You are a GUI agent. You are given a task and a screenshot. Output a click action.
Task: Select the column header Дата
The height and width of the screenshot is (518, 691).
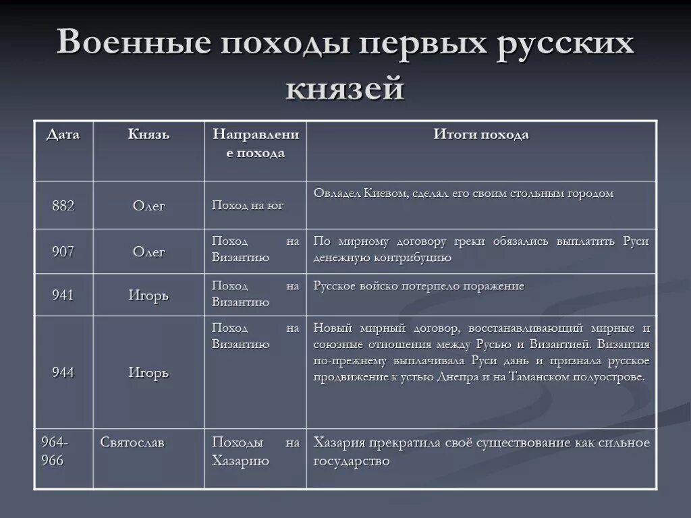[63, 135]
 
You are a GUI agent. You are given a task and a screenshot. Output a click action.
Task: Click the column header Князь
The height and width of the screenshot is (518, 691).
[149, 135]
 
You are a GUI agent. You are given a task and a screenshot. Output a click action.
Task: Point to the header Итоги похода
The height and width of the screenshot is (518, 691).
[481, 135]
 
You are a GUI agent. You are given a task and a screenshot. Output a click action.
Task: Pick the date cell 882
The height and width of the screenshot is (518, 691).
[63, 206]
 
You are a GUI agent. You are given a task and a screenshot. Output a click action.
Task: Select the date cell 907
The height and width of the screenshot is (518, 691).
[63, 252]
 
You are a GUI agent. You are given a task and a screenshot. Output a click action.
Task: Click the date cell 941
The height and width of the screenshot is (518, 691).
[63, 295]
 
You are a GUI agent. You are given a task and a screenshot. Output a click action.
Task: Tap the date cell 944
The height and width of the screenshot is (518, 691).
[63, 372]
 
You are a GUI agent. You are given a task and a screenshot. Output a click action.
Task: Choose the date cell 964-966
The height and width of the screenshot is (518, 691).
[53, 452]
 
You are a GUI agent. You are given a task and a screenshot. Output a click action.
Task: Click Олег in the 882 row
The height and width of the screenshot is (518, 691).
[149, 206]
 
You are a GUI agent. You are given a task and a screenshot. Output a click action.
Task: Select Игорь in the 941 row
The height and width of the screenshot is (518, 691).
[149, 295]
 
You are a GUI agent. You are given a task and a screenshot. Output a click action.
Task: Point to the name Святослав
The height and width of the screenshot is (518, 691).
[132, 443]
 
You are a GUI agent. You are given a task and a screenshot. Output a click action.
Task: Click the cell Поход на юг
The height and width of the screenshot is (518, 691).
[248, 206]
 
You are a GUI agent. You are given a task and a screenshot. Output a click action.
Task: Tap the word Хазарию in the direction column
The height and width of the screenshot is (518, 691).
[241, 461]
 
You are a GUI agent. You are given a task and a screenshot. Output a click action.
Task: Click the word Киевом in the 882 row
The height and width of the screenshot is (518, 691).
[385, 194]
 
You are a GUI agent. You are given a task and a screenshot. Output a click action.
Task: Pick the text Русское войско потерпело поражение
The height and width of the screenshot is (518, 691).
[419, 286]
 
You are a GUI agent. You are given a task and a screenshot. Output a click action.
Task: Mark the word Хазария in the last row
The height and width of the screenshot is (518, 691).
[339, 443]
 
